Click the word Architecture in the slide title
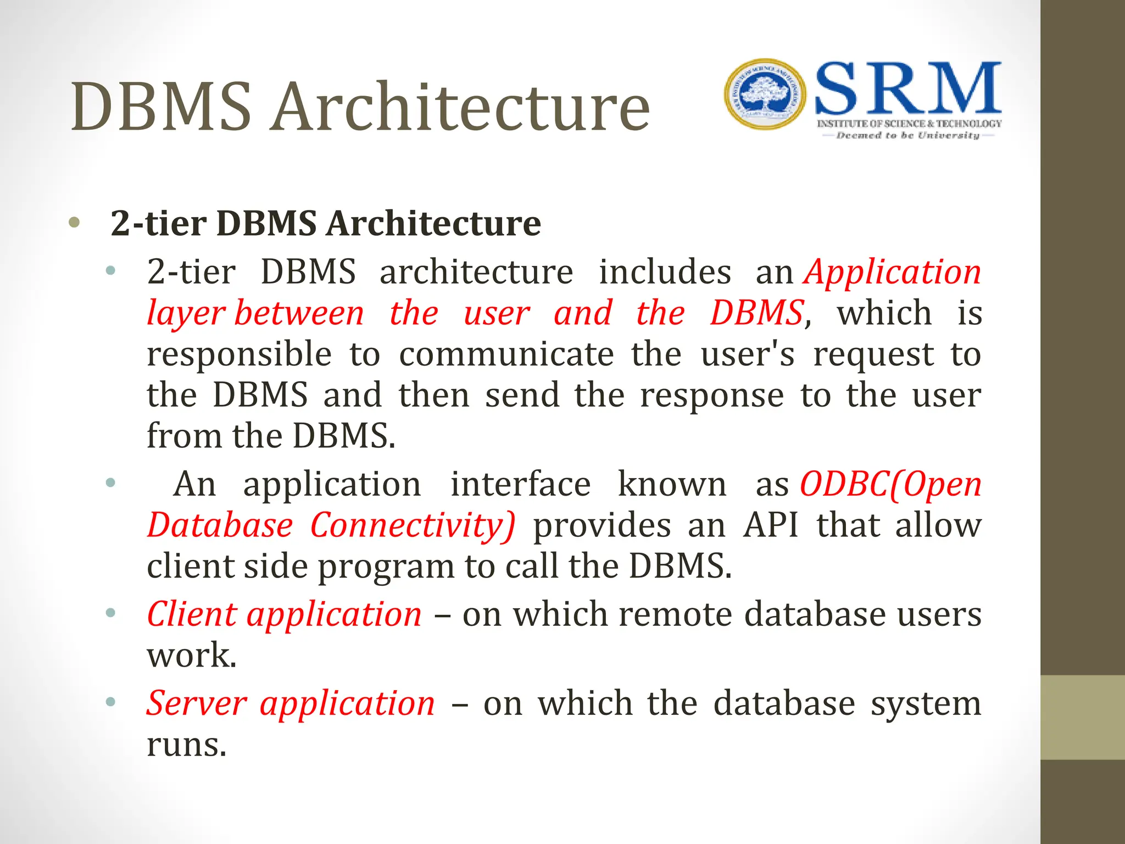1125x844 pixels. pos(460,107)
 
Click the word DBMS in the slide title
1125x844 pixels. pos(161,107)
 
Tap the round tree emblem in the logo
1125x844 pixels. pos(765,94)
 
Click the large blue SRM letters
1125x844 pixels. pos(908,89)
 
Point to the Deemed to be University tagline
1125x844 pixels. pos(907,135)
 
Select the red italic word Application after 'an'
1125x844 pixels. pos(892,272)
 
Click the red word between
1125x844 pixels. pos(299,313)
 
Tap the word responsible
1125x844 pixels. pos(239,354)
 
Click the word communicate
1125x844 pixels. pos(506,354)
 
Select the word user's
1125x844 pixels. pos(748,354)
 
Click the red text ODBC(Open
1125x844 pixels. pos(890,485)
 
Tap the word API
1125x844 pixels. pos(771,525)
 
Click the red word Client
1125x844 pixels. pos(192,614)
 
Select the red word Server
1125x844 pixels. pos(197,703)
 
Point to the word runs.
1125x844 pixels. pos(186,745)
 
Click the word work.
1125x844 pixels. pos(191,656)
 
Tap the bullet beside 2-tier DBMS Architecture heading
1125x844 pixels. pos(74,223)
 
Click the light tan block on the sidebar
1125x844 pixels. pos(1082,717)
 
